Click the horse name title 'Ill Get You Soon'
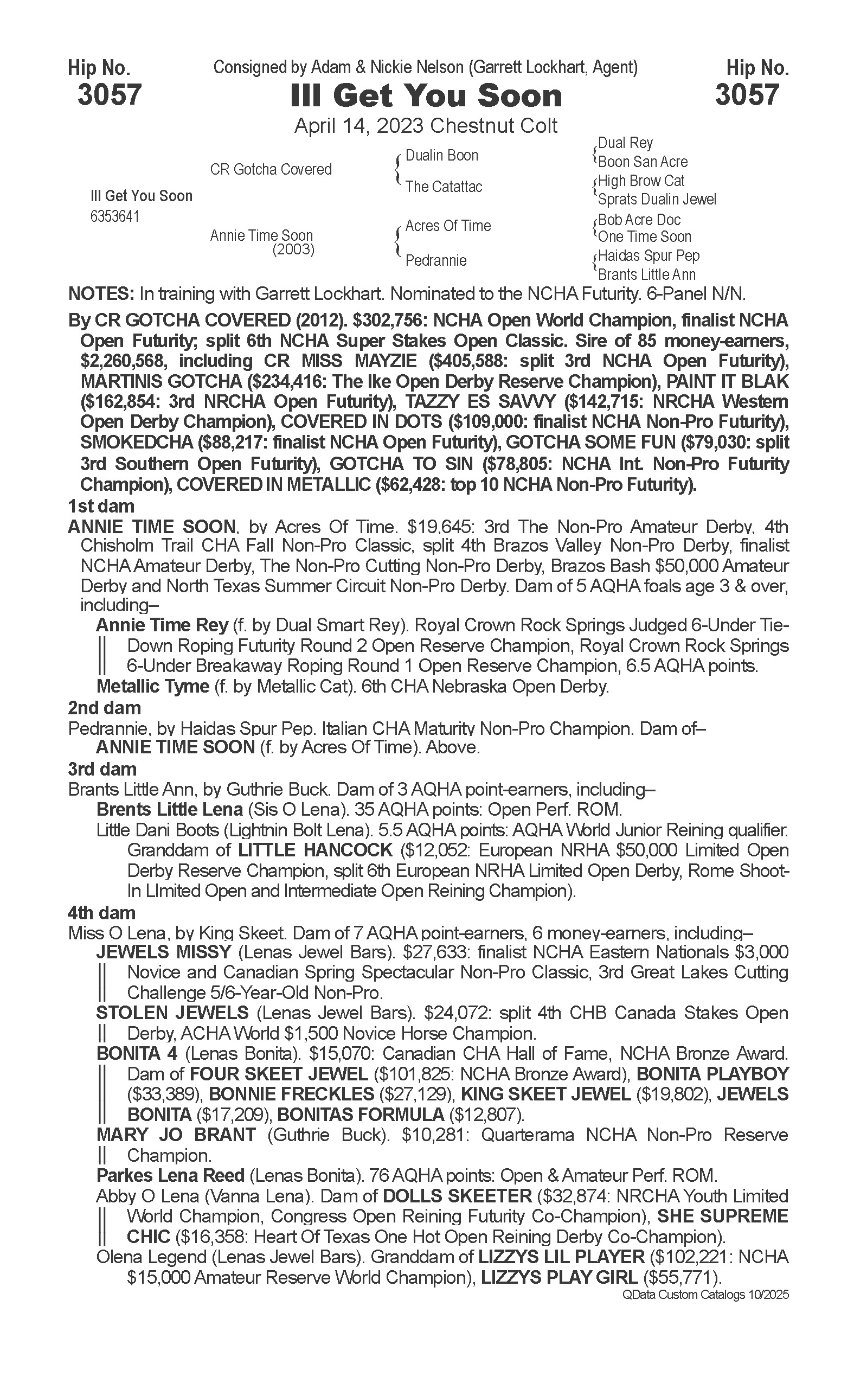[x=426, y=96]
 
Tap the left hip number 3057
[x=109, y=94]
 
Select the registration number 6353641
[x=114, y=217]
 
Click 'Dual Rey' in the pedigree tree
[x=625, y=143]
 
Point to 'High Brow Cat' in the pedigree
[x=641, y=181]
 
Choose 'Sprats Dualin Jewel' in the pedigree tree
[x=657, y=200]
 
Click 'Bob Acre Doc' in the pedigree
[x=639, y=220]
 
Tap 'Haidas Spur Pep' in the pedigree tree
[x=649, y=256]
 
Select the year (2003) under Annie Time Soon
[x=293, y=249]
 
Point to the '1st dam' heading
[x=101, y=505]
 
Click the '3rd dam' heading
[x=102, y=769]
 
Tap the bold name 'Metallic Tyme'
[x=153, y=687]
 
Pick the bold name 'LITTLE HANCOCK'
[x=315, y=850]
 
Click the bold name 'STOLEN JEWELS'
[x=172, y=1013]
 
